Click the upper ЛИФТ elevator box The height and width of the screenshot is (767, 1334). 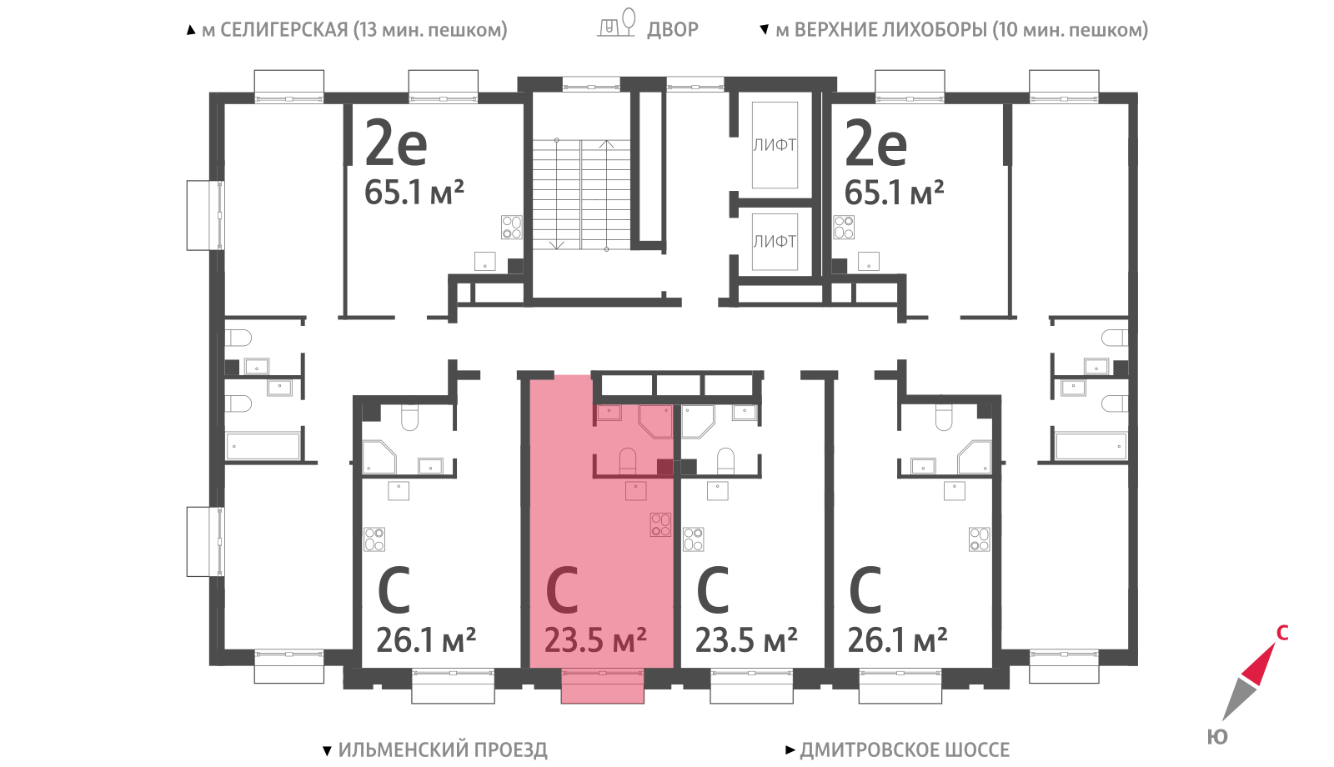[775, 145]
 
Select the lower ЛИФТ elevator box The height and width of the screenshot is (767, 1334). [775, 242]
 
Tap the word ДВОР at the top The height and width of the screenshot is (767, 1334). [672, 29]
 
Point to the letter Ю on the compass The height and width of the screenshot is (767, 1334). [1217, 737]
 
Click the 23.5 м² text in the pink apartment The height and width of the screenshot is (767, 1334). [595, 640]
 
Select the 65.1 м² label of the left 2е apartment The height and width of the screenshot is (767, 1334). [414, 193]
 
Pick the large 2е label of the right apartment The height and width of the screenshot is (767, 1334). [876, 143]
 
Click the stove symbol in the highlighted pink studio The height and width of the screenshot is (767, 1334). [660, 524]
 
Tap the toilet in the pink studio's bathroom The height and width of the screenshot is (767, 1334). [628, 460]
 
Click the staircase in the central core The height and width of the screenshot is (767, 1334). [581, 195]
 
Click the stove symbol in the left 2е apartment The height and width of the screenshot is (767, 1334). [512, 227]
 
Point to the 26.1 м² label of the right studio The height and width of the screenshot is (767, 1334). [897, 640]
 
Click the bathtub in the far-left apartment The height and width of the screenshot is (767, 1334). [263, 446]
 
